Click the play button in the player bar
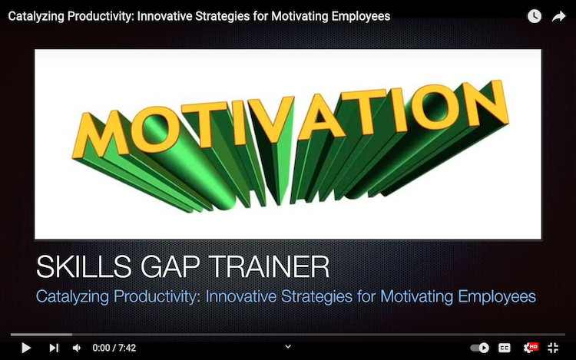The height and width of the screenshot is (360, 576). [25, 348]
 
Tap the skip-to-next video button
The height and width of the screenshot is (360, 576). [54, 348]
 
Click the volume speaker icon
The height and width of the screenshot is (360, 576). [77, 348]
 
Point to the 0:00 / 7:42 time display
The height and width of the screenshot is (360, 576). [114, 348]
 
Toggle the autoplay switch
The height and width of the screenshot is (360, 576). [480, 348]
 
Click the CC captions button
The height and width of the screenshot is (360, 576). [505, 348]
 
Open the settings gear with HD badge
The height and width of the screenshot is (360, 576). [530, 348]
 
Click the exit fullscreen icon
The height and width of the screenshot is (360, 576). [553, 348]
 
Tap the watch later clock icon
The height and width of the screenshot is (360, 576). [535, 16]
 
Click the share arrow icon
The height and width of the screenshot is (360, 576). [558, 16]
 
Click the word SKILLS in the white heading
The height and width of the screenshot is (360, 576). [84, 267]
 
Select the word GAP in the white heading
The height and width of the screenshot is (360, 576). [170, 267]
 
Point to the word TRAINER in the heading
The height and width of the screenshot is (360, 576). [270, 267]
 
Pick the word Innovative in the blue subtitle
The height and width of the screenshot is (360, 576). [241, 296]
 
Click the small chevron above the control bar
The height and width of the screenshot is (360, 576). [288, 346]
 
